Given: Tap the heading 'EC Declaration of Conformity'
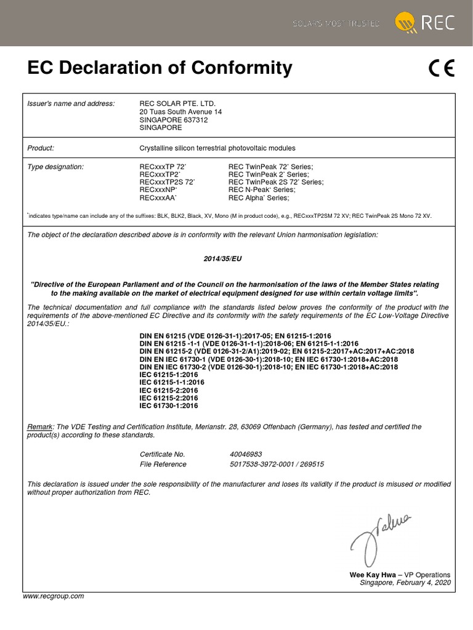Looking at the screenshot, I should pos(160,68).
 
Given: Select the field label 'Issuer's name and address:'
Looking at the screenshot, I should pos(71,103).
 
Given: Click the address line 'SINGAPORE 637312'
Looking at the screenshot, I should pos(174,120).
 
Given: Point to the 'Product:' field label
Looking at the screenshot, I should pos(41,148).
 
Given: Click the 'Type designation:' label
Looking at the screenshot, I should pos(55,167).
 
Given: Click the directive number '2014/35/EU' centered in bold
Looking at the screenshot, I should pos(223,260).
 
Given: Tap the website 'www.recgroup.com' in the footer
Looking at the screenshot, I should pos(53,596).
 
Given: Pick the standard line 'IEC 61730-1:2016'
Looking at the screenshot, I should pos(169,406).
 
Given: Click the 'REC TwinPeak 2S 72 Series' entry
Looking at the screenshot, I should pos(276,183).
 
